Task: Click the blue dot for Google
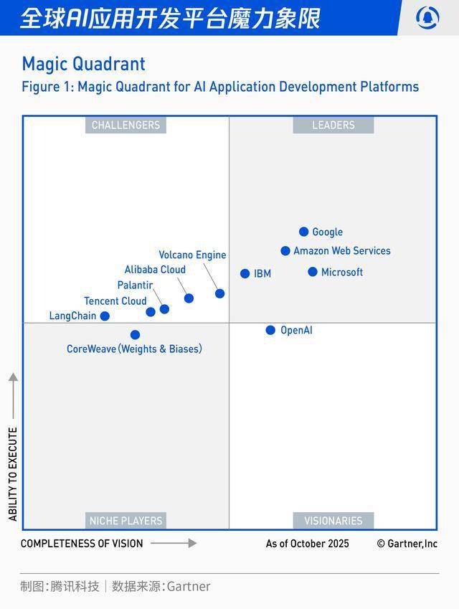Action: pos(304,232)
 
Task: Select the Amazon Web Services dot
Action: pos(285,251)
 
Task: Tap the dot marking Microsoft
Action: pos(313,272)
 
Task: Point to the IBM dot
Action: pos(245,273)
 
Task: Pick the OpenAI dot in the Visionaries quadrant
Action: pos(270,330)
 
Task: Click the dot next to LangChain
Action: pos(105,316)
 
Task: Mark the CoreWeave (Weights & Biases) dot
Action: pos(135,334)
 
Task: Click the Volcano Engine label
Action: pos(192,255)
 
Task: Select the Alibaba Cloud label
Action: pos(155,270)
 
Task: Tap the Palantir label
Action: pos(135,285)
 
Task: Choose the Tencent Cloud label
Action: pos(115,301)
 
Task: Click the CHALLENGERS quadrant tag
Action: pos(126,125)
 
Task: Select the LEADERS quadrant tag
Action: pos(333,125)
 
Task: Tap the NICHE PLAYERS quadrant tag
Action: pos(126,521)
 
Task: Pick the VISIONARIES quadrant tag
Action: pos(333,521)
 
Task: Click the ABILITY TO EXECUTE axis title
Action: pos(13,474)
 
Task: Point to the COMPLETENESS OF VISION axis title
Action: pos(82,544)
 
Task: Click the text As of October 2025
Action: pos(307,544)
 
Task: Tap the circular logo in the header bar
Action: pos(427,17)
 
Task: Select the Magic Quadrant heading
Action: pos(83,64)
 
